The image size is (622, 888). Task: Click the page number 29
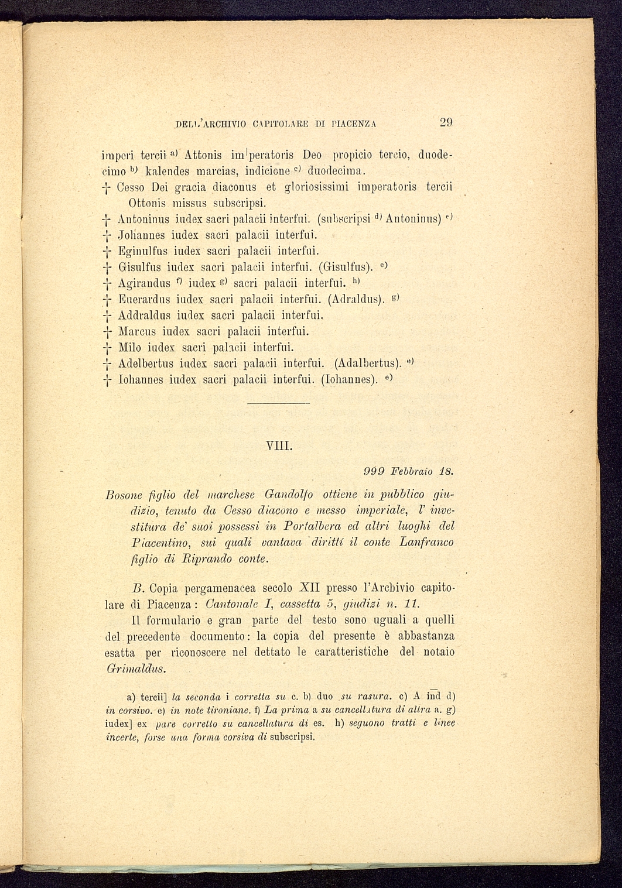point(446,123)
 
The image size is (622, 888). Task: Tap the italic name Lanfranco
point(426,543)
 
